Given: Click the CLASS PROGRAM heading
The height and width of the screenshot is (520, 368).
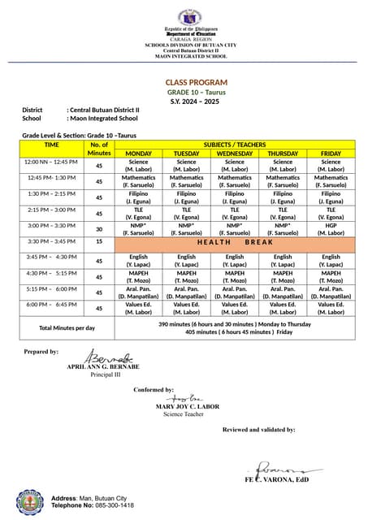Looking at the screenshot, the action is tap(197, 83).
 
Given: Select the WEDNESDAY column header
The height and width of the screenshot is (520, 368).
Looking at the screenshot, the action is tap(234, 154).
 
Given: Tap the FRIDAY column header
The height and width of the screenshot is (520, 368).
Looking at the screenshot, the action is tap(331, 154).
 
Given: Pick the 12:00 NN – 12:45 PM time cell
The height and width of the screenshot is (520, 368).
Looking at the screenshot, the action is tap(51, 162).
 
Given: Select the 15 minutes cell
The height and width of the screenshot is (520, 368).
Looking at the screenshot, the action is tap(99, 242).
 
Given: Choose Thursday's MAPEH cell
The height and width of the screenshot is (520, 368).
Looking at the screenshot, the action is tap(283, 276).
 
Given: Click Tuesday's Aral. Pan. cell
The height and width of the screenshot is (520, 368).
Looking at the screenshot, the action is tap(186, 292).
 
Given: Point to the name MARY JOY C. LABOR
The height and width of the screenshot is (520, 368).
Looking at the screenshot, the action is tap(187, 405).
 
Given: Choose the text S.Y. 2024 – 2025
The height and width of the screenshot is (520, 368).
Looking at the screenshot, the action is tap(196, 101).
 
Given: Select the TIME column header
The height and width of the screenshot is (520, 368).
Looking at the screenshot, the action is tap(51, 145).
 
